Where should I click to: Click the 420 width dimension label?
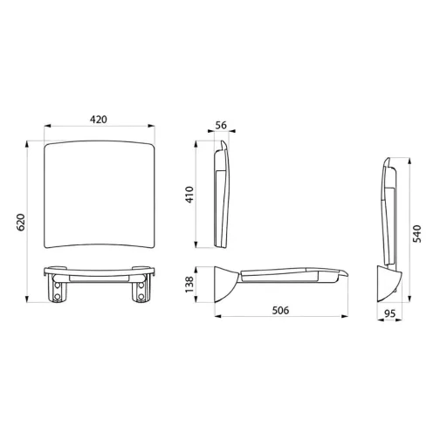point(99,120)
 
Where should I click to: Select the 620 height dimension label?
point(21,223)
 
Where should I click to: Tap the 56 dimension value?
point(221,125)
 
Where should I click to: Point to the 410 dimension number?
point(189,195)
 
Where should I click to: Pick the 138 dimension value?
point(189,285)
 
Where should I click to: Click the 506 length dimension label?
point(280,310)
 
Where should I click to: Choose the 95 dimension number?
point(390,313)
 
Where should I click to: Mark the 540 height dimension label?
point(416,234)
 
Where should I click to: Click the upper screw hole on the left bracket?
point(58,285)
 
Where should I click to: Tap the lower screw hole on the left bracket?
point(58,297)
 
